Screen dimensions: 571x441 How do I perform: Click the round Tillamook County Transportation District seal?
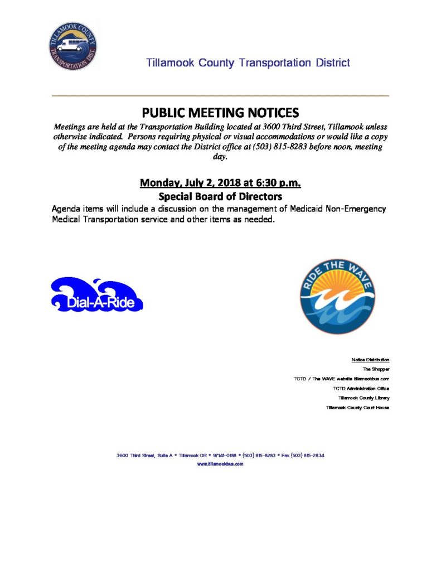coord(72,46)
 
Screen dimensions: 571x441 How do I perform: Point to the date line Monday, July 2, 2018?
coord(220,182)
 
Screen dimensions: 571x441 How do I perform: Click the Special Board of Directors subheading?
coord(220,196)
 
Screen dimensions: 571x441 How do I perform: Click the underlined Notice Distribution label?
coord(370,360)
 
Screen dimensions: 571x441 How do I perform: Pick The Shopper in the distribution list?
coord(376,369)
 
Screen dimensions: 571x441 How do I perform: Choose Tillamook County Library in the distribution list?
coord(364,398)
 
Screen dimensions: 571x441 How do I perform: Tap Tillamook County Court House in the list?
coord(357,408)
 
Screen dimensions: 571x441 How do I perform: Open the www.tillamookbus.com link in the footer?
coord(220,463)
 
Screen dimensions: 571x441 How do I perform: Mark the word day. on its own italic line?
coord(220,157)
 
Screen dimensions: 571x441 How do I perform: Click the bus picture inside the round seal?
coord(72,45)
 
